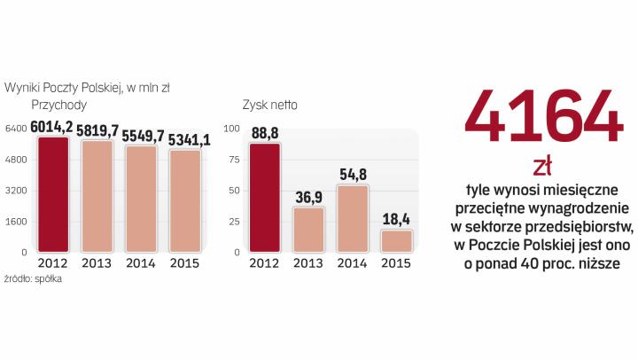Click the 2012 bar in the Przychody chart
pos(52,195)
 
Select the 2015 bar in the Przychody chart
pos(185,201)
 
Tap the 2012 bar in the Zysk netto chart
pos(266,198)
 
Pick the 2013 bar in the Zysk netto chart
pos(309,230)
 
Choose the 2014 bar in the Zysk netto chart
pos(353,218)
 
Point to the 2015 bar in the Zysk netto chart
pos(396,241)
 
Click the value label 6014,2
pos(52,128)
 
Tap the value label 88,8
pos(266,133)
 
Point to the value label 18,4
pos(396,219)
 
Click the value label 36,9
pos(309,196)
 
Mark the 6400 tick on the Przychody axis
pos(16,129)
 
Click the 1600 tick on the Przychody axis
pos(16,222)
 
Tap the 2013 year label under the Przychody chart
pos(97,263)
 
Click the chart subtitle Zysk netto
pos(269,105)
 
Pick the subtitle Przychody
pos(58,105)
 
